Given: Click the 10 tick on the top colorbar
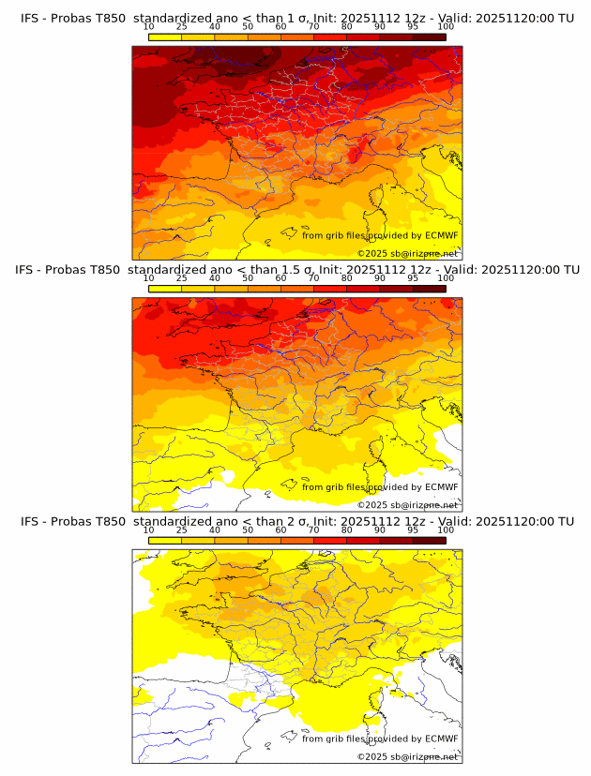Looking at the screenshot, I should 149,27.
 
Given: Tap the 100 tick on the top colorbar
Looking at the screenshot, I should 446,27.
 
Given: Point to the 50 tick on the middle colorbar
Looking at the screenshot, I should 248,278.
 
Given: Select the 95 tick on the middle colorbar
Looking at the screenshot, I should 413,278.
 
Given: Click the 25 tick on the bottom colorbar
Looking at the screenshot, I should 182,530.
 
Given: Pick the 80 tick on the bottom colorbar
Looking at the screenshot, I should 347,530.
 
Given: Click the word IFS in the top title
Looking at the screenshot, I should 31,18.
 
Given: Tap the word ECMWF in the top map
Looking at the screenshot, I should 442,235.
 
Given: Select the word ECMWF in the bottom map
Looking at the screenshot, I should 442,739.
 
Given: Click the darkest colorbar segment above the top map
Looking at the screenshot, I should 430,37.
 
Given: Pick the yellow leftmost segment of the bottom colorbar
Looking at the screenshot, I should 165,540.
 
